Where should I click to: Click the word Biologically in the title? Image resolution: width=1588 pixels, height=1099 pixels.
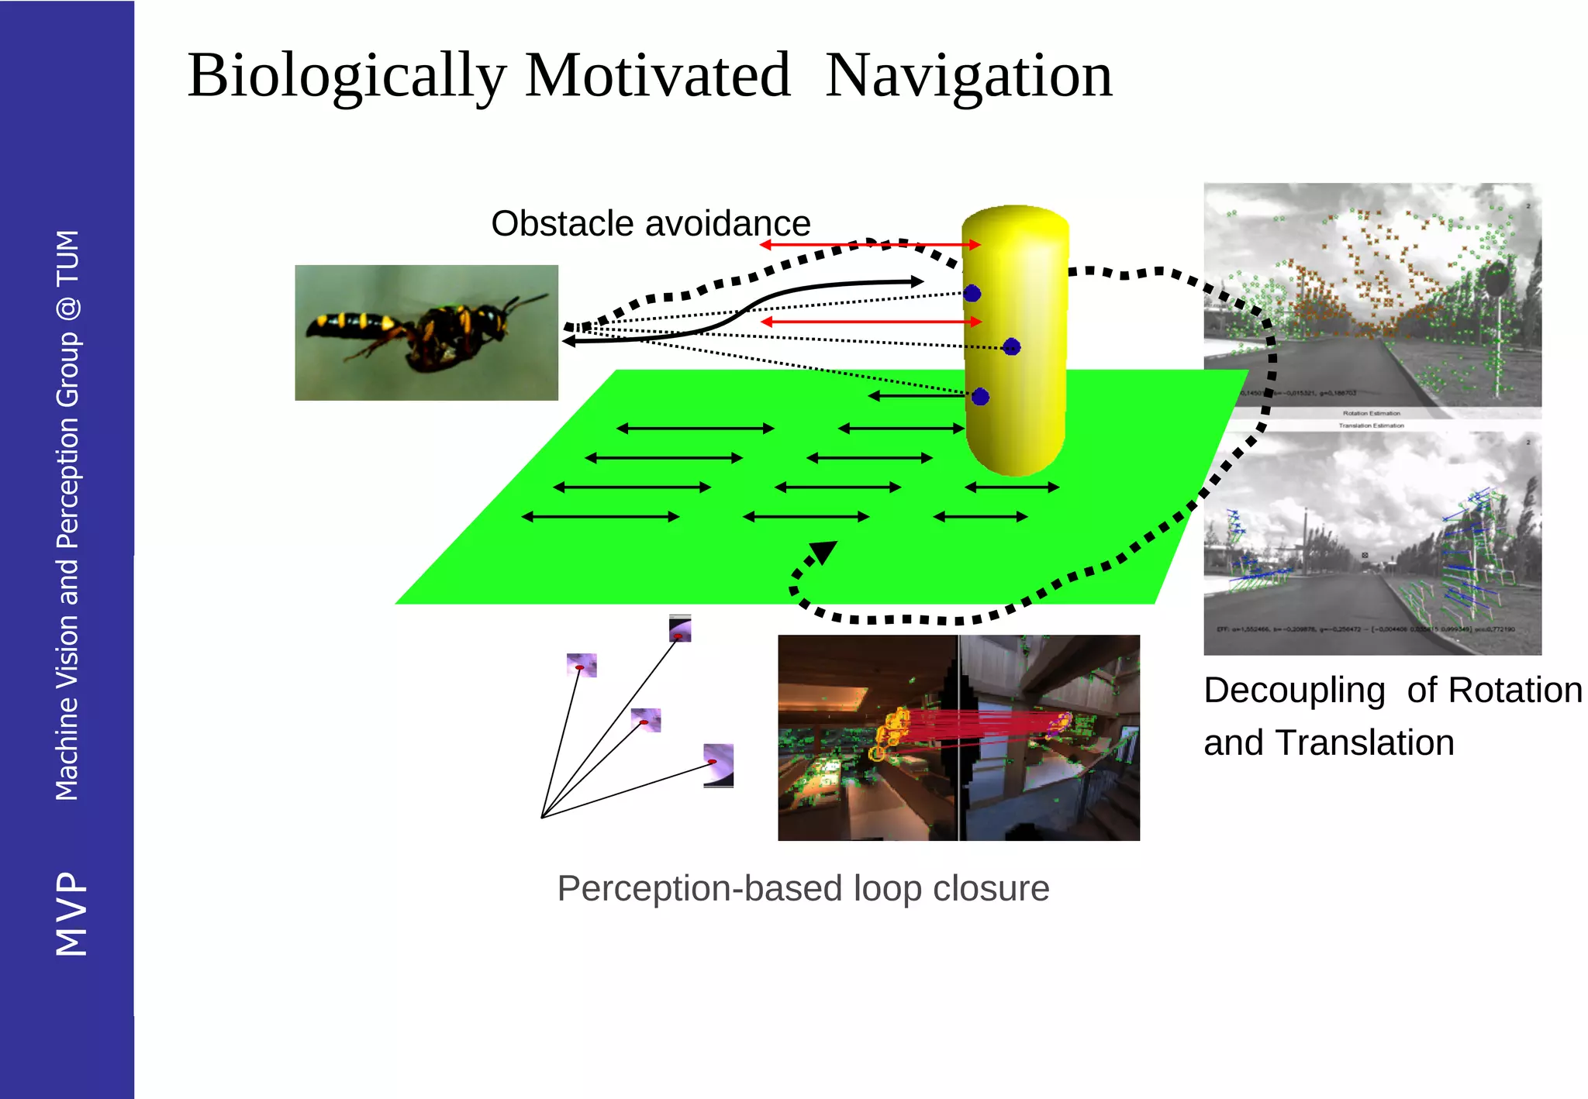[x=347, y=76]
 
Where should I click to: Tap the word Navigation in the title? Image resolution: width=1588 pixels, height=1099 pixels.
[x=968, y=76]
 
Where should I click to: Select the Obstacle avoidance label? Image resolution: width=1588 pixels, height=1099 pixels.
[x=651, y=224]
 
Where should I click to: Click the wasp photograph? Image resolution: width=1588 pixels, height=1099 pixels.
[x=426, y=332]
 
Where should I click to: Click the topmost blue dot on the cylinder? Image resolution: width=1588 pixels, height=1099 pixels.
[x=972, y=293]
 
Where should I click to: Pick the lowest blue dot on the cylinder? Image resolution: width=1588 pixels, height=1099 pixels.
[x=980, y=397]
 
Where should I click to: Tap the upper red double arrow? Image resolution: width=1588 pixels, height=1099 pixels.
[x=870, y=245]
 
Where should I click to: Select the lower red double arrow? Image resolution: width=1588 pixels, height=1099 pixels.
[x=871, y=322]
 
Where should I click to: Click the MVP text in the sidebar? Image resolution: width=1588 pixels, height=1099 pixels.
[x=71, y=914]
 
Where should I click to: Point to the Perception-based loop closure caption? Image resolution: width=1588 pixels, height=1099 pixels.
[x=803, y=888]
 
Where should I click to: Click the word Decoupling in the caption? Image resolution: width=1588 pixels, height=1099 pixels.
[x=1293, y=691]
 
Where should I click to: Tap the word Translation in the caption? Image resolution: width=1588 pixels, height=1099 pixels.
[x=1365, y=743]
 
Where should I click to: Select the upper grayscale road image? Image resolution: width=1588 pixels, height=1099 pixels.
[x=1372, y=298]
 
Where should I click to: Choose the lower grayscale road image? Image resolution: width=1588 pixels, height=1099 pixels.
[x=1372, y=543]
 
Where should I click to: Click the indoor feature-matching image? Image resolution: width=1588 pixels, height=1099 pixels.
[x=958, y=738]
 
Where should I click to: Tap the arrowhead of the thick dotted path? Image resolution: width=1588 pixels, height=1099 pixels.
[x=823, y=552]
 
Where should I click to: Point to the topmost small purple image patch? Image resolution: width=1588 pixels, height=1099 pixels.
[x=680, y=629]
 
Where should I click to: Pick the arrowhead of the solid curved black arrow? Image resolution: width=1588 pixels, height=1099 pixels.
[x=917, y=281]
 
